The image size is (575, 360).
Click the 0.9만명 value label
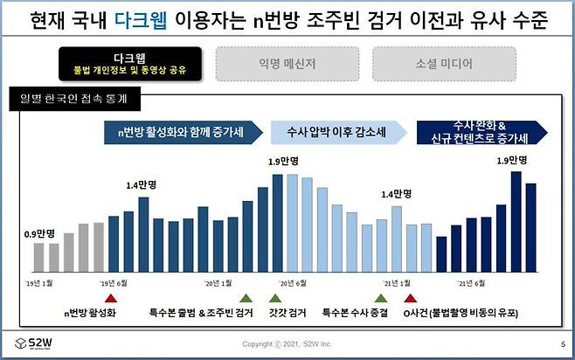click(x=39, y=233)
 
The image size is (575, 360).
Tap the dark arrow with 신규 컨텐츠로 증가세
click(x=482, y=132)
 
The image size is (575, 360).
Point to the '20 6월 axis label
click(x=292, y=283)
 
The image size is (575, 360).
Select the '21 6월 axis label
click(x=473, y=283)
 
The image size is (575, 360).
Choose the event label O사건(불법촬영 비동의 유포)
click(x=463, y=312)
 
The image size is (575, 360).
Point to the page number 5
click(x=562, y=343)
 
